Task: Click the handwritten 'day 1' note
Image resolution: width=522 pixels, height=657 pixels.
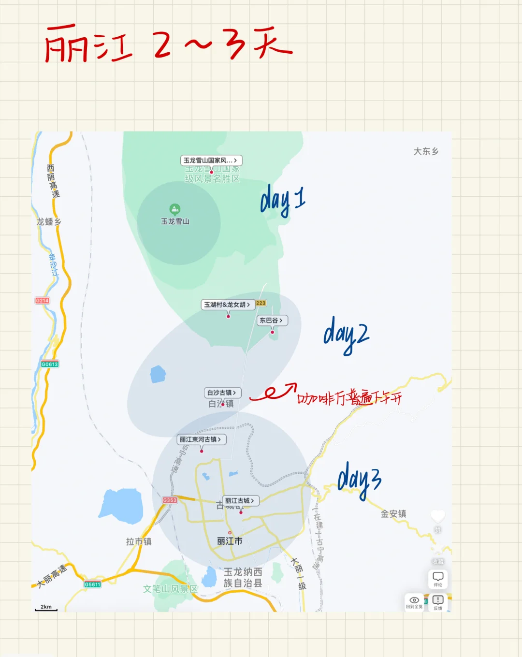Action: pyautogui.click(x=283, y=200)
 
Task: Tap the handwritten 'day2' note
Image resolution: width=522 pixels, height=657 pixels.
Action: pyautogui.click(x=346, y=335)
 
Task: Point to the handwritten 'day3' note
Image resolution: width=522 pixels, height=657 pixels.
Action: pyautogui.click(x=360, y=479)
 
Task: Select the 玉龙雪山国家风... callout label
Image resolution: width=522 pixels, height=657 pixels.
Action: pyautogui.click(x=211, y=160)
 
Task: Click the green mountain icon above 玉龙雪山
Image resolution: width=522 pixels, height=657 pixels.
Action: pyautogui.click(x=175, y=209)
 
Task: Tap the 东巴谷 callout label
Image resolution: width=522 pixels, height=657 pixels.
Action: pyautogui.click(x=272, y=320)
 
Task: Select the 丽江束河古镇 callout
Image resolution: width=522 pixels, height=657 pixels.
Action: pyautogui.click(x=201, y=439)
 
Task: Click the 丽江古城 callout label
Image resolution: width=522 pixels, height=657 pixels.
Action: pyautogui.click(x=240, y=501)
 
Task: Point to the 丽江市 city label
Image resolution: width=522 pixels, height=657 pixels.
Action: pyautogui.click(x=230, y=541)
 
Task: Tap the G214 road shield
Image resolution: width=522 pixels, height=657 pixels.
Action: pyautogui.click(x=42, y=301)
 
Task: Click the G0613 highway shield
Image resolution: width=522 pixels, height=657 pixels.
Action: pyautogui.click(x=49, y=364)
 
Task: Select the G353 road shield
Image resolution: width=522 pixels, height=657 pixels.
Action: pyautogui.click(x=170, y=500)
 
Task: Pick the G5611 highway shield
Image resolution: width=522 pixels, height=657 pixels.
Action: pyautogui.click(x=92, y=584)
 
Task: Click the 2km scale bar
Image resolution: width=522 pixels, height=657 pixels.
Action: pyautogui.click(x=46, y=608)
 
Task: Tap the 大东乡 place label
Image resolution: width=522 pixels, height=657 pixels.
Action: pyautogui.click(x=426, y=151)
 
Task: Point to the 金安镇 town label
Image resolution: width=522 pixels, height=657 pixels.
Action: pyautogui.click(x=393, y=513)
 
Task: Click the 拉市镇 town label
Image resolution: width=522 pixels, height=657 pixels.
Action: pyautogui.click(x=139, y=541)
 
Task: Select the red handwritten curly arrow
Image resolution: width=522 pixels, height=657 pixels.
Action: pyautogui.click(x=273, y=392)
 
